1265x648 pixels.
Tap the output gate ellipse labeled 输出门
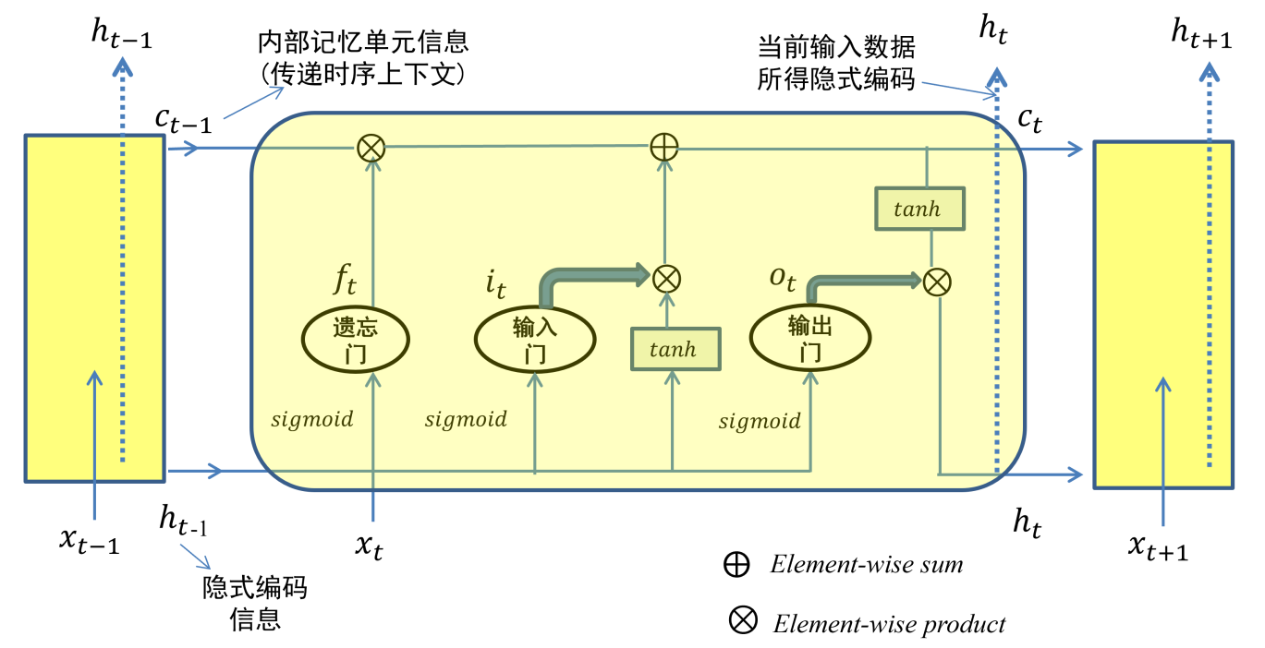(x=809, y=340)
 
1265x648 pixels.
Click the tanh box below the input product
(x=675, y=350)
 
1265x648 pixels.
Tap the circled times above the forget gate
(x=371, y=147)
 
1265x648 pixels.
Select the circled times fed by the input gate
(x=666, y=277)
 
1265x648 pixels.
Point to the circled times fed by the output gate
(x=937, y=282)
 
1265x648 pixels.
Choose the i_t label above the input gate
(x=495, y=283)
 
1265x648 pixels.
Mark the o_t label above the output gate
(x=782, y=278)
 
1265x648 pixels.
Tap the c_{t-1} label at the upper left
(x=182, y=119)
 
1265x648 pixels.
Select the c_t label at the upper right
(x=1029, y=119)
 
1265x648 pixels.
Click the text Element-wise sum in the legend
(x=866, y=565)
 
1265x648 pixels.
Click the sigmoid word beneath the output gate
(x=760, y=422)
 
